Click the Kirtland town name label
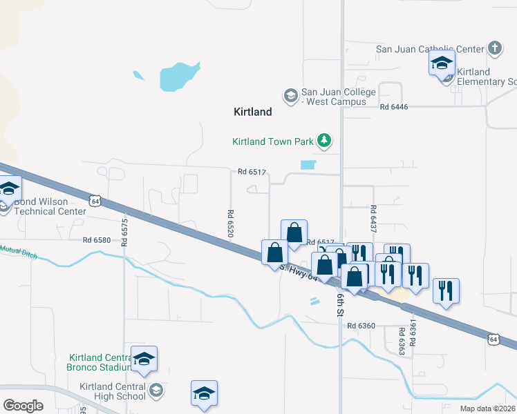coord(252,111)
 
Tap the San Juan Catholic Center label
coord(429,49)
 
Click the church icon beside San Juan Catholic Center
coord(494,48)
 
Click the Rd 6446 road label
coord(394,107)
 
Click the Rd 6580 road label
coord(96,240)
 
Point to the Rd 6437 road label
coord(373,218)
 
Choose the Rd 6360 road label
coord(361,326)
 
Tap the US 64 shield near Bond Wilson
coord(95,200)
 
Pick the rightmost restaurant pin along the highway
coord(446,290)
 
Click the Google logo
coord(23,406)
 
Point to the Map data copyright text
coord(487,408)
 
